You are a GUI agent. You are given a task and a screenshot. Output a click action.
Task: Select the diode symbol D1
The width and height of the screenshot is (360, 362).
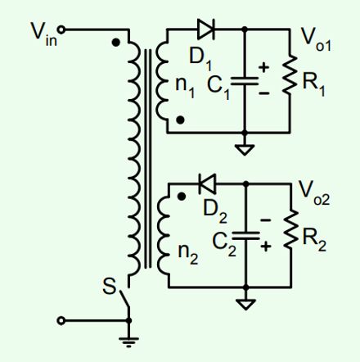[x=205, y=29]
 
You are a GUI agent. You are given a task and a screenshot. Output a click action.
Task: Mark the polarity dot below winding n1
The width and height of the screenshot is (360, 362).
[x=180, y=120]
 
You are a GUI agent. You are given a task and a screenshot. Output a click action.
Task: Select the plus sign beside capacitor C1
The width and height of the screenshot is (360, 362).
[x=264, y=67]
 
